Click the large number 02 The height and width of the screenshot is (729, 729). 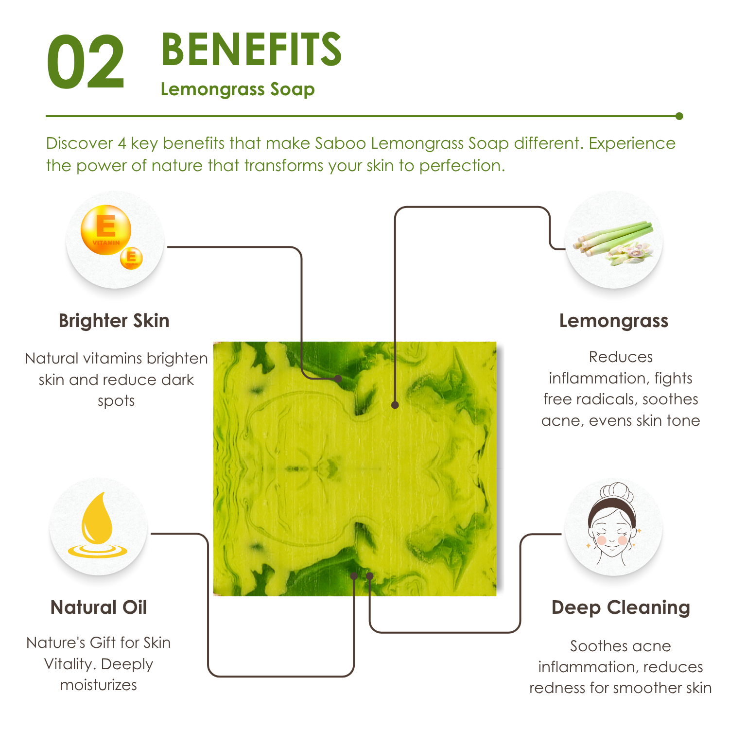point(86,62)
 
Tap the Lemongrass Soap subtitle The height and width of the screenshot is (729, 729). point(238,90)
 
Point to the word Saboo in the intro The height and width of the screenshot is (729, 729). point(340,143)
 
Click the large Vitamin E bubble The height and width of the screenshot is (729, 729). point(106,230)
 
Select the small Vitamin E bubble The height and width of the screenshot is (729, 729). point(131,258)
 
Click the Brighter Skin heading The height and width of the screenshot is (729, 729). point(114,321)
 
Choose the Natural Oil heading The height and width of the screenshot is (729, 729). point(99,607)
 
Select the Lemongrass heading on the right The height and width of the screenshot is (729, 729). point(614,321)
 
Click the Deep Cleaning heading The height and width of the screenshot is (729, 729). point(621,608)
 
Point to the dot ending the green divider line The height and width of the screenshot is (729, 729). point(679,116)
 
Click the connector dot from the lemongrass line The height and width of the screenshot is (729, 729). point(395,405)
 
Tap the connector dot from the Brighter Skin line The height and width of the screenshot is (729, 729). point(338,378)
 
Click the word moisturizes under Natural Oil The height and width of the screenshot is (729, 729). point(99,685)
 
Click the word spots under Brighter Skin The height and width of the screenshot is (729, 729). point(116,402)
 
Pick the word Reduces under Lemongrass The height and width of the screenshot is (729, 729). point(621,357)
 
